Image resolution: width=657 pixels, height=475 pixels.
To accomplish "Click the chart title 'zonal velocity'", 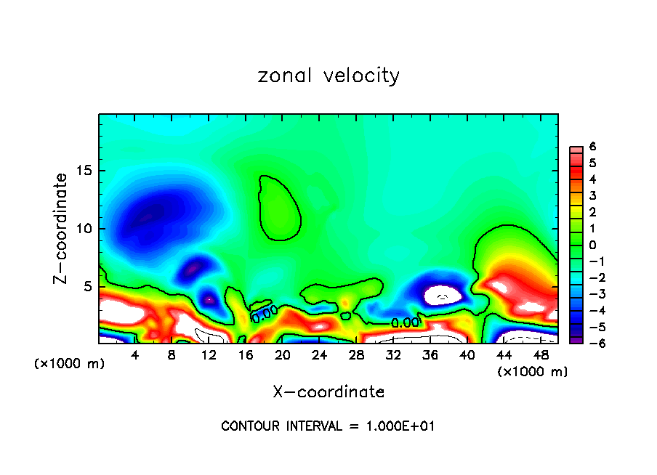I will tap(328, 76).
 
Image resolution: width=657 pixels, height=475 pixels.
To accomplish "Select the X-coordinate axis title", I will tap(328, 392).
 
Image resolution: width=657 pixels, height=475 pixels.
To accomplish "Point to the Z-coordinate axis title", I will tap(63, 228).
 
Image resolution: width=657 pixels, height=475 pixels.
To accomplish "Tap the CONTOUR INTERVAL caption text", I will tap(328, 426).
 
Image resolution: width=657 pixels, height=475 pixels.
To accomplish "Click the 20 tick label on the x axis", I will tap(283, 355).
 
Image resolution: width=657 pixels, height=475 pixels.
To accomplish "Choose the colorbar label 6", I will tap(593, 147).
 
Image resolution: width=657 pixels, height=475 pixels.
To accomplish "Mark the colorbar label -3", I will tap(591, 294).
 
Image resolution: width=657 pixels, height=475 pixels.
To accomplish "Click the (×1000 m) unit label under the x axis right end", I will tap(533, 372).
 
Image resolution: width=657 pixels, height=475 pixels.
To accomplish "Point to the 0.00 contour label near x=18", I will tap(265, 312).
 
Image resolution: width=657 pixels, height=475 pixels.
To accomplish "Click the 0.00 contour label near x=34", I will tap(405, 322).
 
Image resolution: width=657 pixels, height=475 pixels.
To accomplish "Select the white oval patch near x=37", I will tap(443, 295).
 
